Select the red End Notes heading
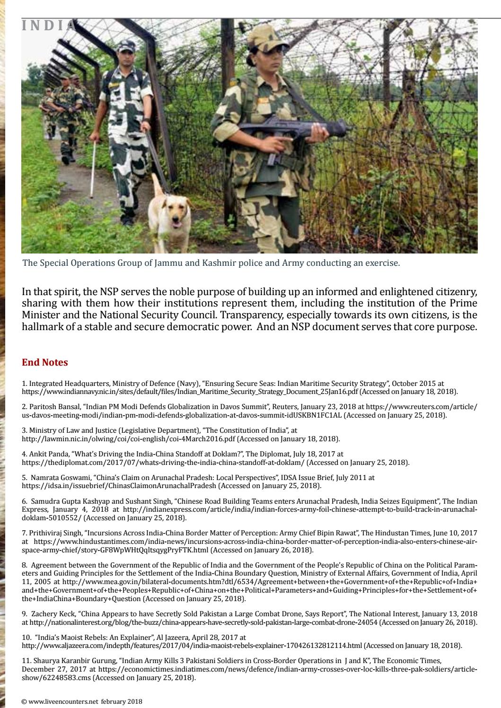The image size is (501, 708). (45, 363)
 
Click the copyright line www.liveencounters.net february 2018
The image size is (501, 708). (82, 701)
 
